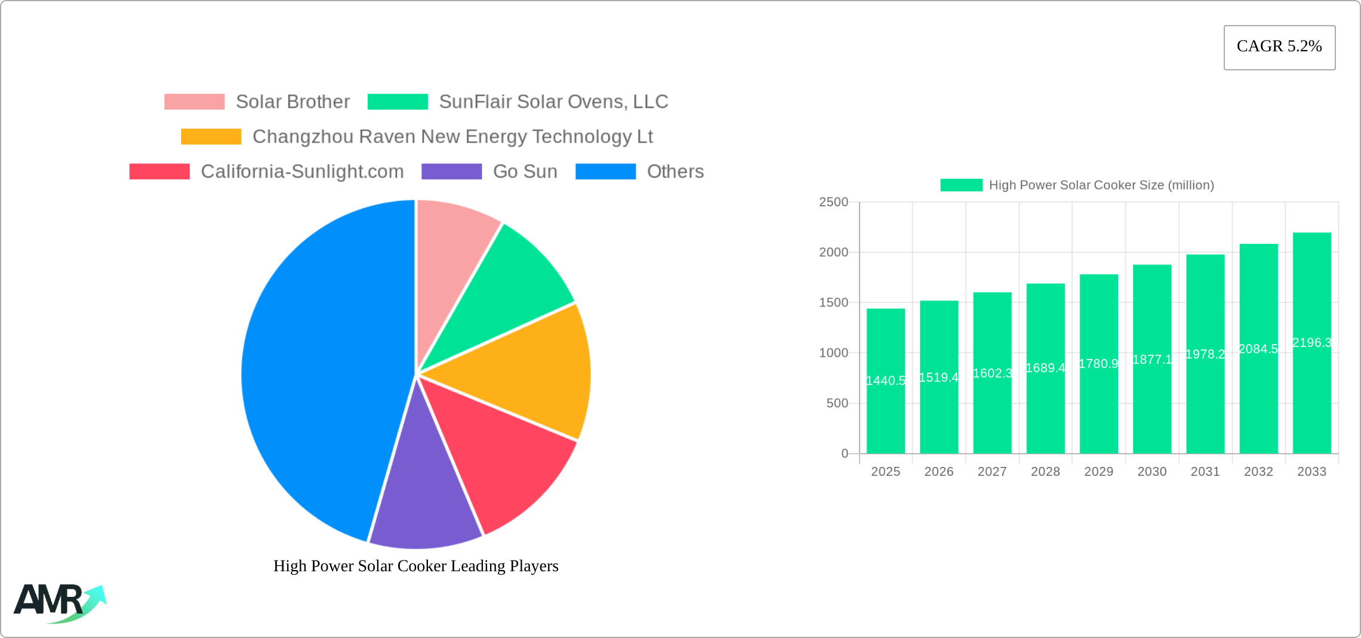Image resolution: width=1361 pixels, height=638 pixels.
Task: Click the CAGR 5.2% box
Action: [1279, 47]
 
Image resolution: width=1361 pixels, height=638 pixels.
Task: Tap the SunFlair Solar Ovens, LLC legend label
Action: [553, 102]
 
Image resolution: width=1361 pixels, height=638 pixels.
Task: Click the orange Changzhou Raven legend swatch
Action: [211, 137]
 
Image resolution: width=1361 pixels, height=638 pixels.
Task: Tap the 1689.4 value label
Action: [1045, 368]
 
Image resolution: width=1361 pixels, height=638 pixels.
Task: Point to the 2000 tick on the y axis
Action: [833, 252]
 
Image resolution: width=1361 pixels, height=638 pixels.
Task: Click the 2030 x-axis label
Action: [1151, 472]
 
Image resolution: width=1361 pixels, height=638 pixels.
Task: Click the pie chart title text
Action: [416, 566]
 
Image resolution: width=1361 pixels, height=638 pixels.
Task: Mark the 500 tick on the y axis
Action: [837, 403]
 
